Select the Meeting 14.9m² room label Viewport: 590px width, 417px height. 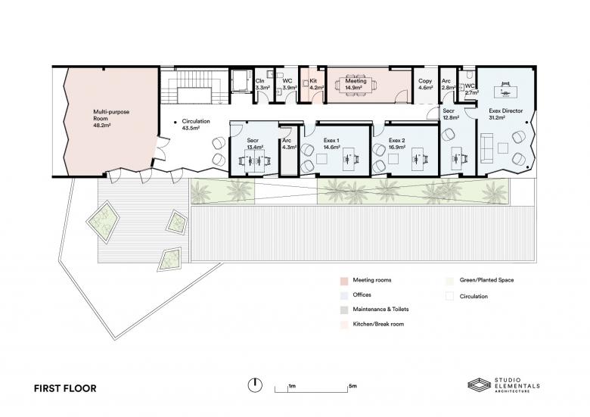coord(356,84)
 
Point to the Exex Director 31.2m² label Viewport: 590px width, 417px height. coord(505,114)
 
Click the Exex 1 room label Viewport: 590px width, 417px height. coord(334,145)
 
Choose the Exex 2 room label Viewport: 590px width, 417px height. coord(398,145)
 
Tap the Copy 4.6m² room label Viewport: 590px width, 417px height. coord(425,84)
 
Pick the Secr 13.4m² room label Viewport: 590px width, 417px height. coord(255,145)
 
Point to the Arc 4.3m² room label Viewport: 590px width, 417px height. coord(288,145)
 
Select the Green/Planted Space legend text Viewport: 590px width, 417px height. coord(488,280)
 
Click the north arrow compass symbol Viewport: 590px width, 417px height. coord(255,386)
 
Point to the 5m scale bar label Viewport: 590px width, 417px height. coord(352,386)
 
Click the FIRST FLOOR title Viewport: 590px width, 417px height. coord(65,388)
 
